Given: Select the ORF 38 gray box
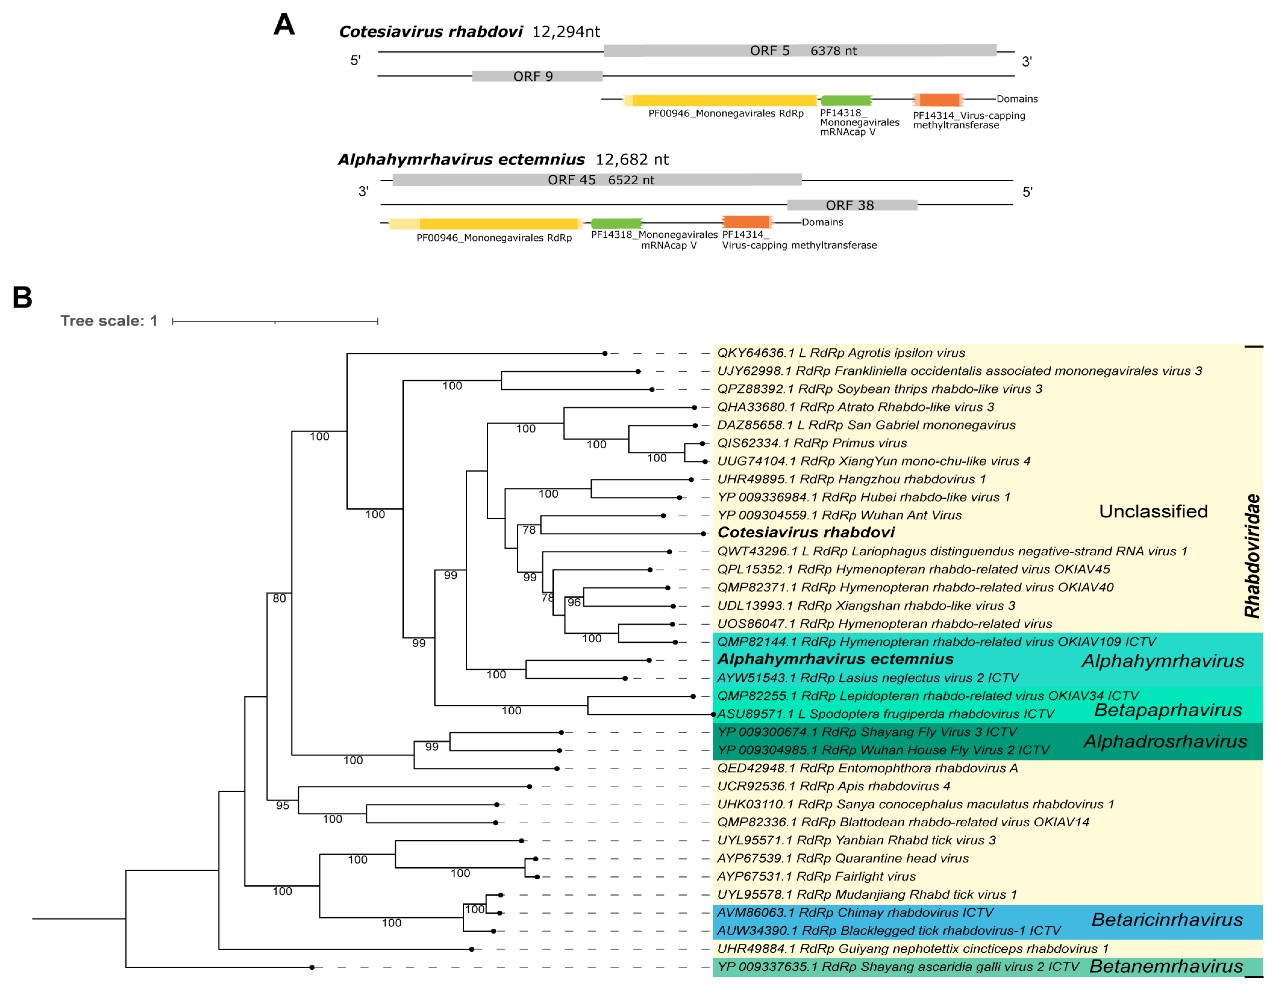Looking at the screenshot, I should [852, 205].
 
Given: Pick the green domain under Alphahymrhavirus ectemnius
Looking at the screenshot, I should [616, 223].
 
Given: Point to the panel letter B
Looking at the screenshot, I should [22, 297].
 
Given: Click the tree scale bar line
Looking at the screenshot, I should [275, 321].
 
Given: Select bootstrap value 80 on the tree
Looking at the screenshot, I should [279, 599].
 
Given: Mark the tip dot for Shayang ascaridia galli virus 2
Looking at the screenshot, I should [312, 968].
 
